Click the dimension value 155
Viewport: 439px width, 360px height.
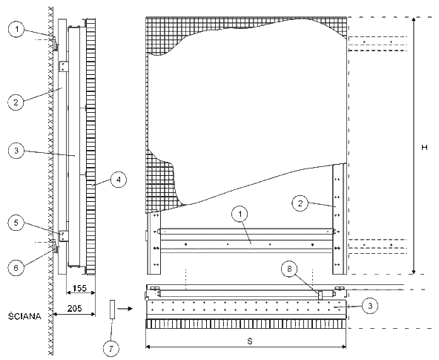(79, 288)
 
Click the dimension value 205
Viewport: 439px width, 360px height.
(74, 309)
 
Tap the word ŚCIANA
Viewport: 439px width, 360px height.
(24, 316)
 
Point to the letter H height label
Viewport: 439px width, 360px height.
(424, 148)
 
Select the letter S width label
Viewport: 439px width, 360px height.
(250, 341)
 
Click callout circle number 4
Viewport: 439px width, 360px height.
(119, 180)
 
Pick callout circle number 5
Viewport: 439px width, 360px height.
(16, 223)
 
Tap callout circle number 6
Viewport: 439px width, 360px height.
(16, 268)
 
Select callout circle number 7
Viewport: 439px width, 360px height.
(111, 349)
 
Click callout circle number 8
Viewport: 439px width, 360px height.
(289, 269)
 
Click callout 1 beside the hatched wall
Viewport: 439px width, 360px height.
(17, 29)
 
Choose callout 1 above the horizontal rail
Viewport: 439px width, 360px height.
(240, 215)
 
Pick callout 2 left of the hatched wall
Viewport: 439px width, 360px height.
(16, 102)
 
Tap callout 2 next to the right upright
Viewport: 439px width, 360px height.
(300, 203)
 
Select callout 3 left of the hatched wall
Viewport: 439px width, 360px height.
(16, 151)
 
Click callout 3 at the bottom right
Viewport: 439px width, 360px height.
(370, 306)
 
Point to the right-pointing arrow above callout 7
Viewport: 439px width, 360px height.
(125, 309)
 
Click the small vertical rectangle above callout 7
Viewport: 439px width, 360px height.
(113, 310)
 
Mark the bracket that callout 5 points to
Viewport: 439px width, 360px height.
(64, 236)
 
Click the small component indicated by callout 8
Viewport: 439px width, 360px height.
(320, 295)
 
